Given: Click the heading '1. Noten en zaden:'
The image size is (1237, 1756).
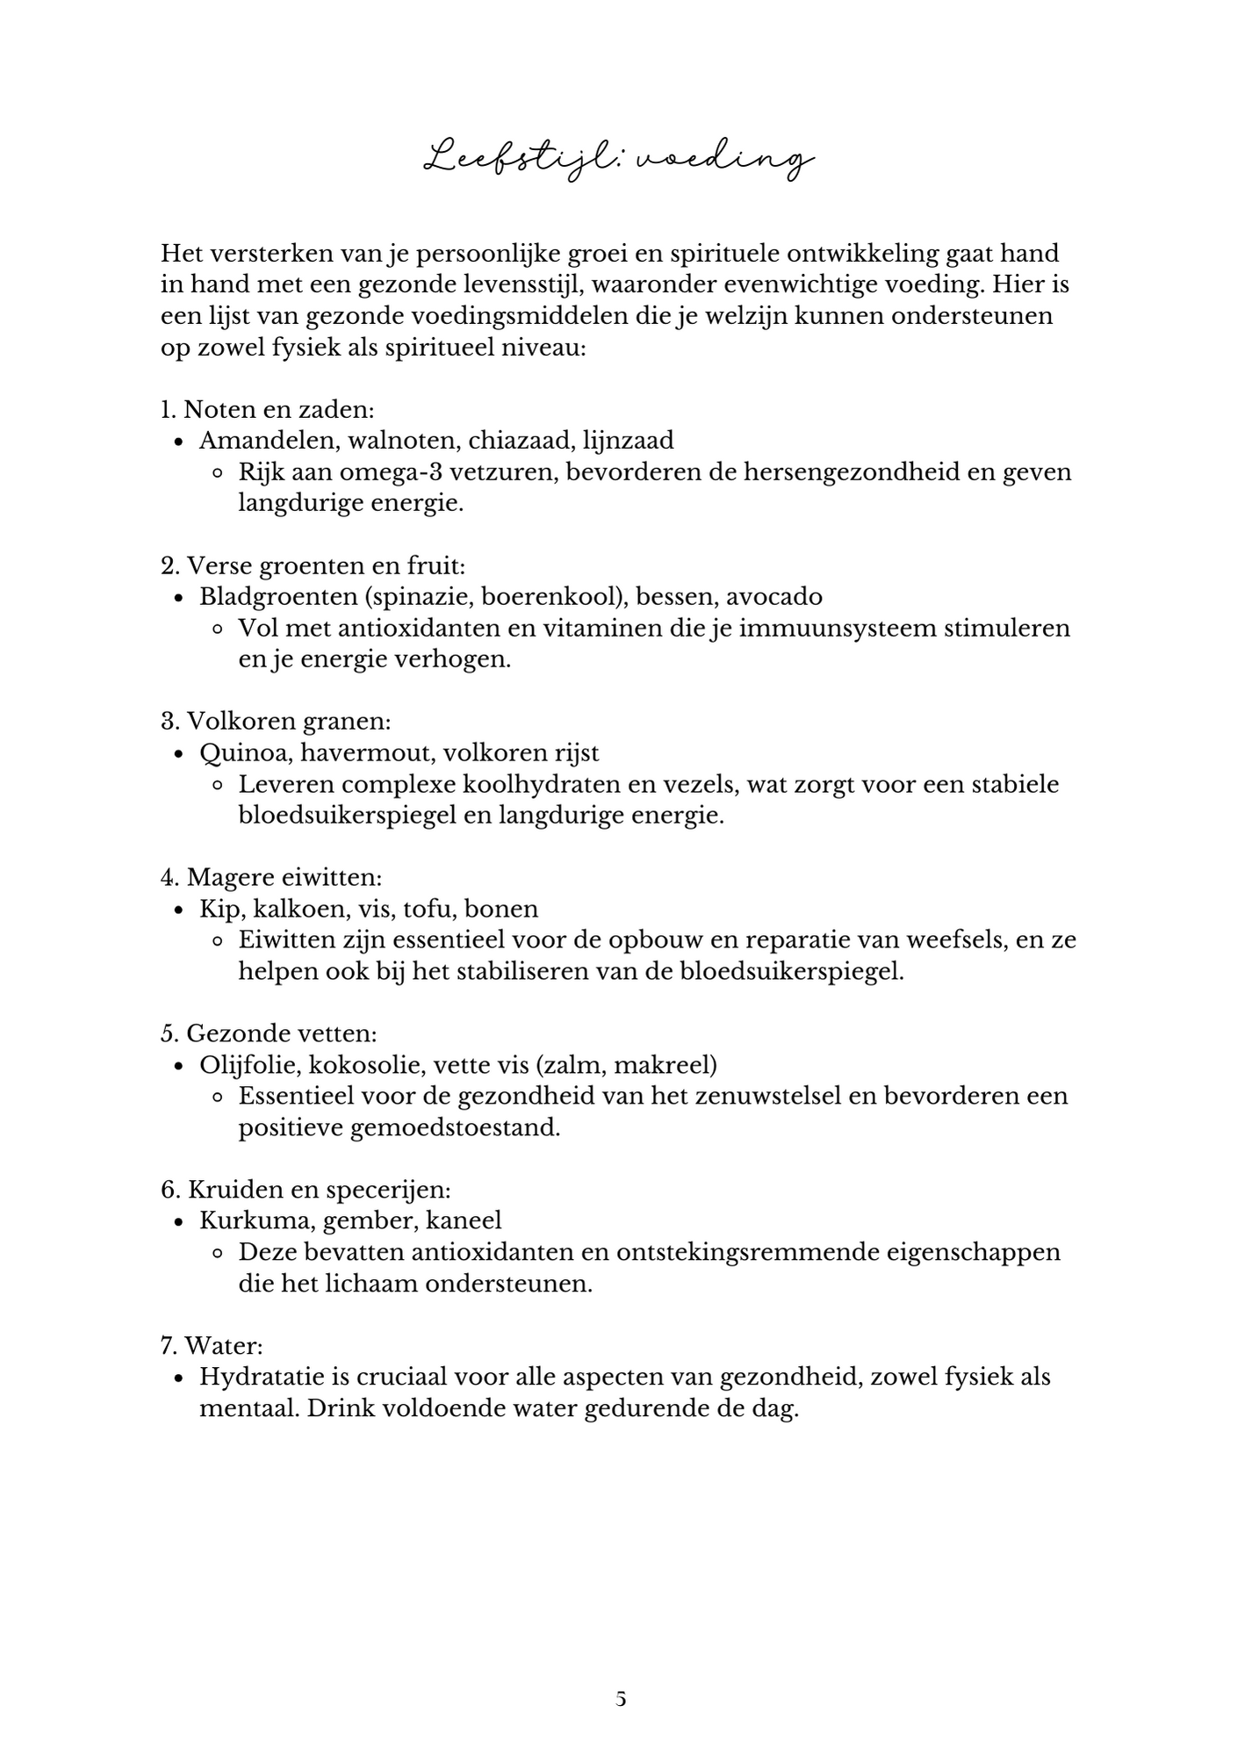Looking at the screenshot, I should [268, 409].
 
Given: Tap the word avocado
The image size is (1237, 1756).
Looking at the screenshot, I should [773, 596].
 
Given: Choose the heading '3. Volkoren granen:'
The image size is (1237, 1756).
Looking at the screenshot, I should [276, 721].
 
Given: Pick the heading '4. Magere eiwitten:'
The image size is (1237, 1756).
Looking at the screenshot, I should [271, 877].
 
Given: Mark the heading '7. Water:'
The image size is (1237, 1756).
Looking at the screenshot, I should [212, 1345].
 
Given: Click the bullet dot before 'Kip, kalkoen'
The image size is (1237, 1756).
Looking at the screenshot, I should [179, 910].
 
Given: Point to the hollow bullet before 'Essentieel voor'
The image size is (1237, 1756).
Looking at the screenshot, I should [219, 1097].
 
